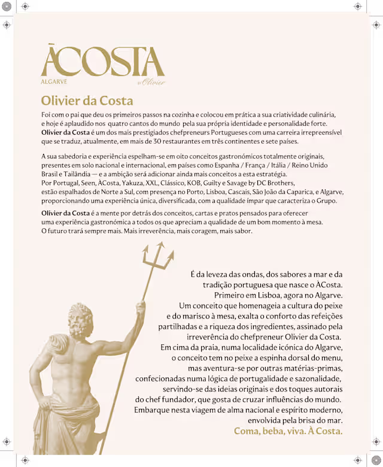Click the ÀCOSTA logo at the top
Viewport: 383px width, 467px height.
pos(102,60)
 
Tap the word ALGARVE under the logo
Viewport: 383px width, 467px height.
pos(54,81)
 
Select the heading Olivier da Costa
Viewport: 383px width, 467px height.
pos(87,100)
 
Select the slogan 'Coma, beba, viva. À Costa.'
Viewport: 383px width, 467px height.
pos(288,431)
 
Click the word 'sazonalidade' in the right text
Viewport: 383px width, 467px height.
pos(315,378)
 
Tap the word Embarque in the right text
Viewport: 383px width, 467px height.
pos(153,410)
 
